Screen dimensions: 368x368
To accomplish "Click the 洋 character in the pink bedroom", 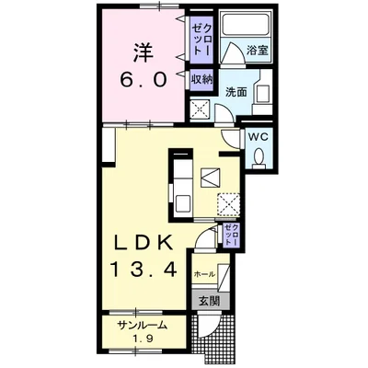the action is pos(144,53).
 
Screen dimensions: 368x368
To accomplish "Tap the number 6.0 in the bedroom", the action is pos(144,80).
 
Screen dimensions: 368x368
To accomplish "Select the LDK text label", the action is pos(143,244).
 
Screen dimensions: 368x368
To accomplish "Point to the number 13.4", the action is pos(144,270).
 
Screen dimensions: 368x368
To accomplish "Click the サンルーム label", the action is pos(143,326).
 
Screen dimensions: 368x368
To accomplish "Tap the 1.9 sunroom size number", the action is pos(143,339).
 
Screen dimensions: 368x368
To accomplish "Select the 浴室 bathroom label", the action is pos(258,51).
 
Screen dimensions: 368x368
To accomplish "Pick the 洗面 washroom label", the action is pos(236,92).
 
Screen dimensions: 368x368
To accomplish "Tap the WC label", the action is pos(259,137).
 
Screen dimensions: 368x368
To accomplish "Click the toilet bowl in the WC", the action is pos(259,156).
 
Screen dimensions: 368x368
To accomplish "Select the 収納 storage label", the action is pos(201,80).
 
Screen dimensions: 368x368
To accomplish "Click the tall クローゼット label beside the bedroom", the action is pos(201,40).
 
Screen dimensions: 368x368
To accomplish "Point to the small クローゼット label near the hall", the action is pos(231,235).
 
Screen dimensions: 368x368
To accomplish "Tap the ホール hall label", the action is pos(204,274).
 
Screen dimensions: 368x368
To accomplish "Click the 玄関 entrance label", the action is pos(210,301).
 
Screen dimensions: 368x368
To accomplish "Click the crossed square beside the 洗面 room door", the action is pos(200,109).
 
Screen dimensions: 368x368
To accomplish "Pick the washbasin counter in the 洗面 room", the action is pos(262,92).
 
